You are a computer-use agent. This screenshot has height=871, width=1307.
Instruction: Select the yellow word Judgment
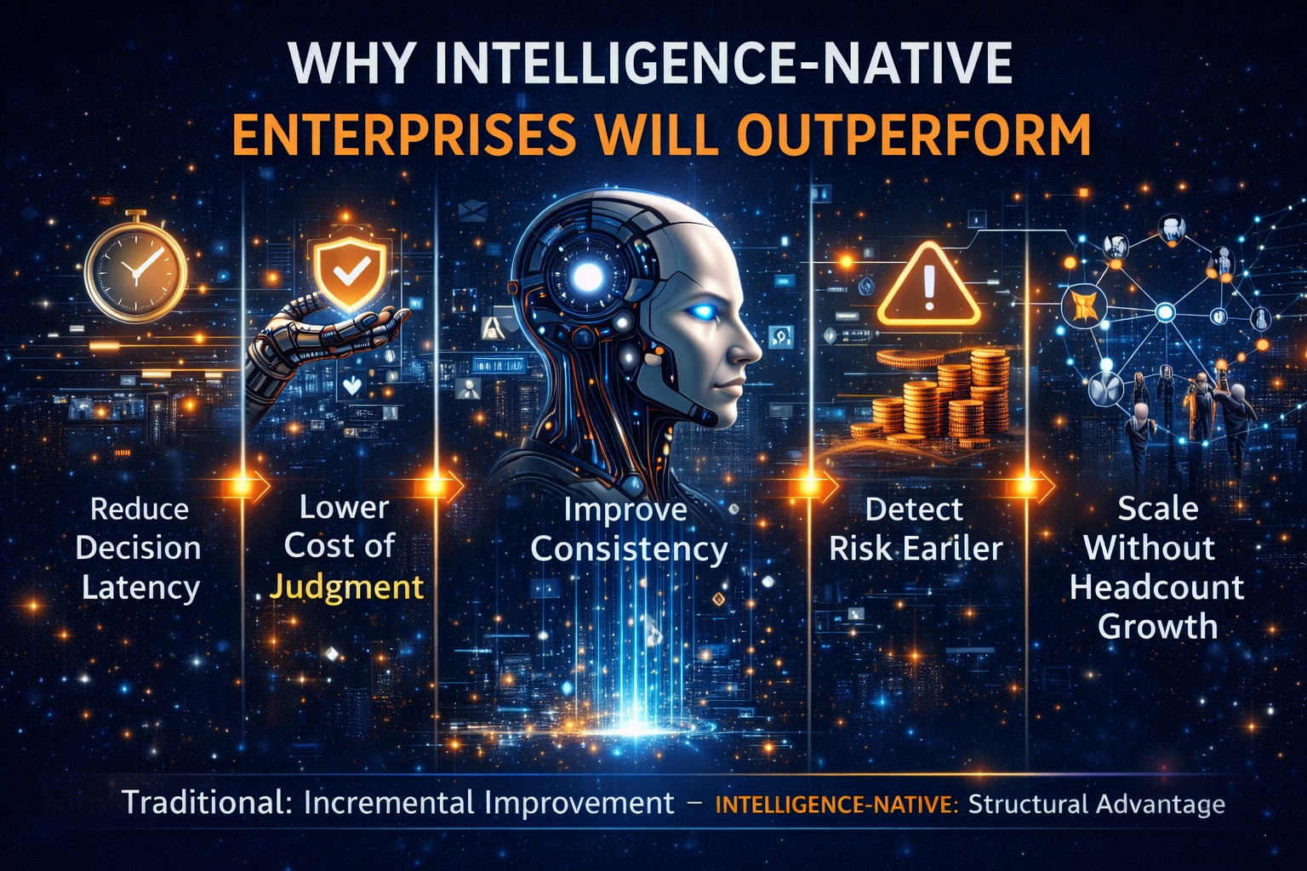tap(346, 587)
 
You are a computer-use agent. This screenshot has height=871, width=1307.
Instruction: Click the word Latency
tap(140, 588)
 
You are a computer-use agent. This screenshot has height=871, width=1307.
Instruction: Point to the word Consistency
tap(629, 549)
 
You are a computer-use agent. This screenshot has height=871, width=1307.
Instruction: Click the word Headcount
tap(1156, 587)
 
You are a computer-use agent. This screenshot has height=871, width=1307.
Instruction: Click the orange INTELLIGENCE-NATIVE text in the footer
tap(836, 805)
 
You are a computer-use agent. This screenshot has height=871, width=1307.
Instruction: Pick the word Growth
tap(1157, 627)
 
